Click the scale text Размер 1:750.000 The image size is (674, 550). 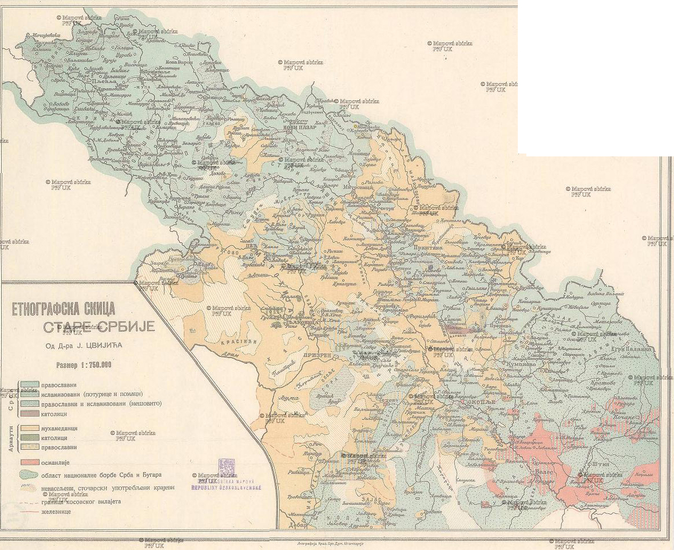tap(83, 365)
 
